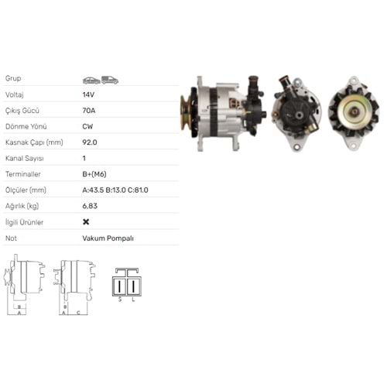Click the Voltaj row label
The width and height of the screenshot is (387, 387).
click(15, 94)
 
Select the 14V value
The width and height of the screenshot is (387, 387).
click(88, 94)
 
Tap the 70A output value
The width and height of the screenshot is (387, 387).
click(89, 111)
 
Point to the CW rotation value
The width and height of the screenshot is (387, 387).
click(87, 126)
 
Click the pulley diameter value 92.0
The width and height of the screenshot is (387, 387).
click(90, 142)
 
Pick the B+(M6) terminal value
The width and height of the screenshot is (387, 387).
click(94, 174)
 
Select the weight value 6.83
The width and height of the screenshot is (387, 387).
click(90, 206)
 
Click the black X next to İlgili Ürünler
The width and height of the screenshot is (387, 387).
click(86, 222)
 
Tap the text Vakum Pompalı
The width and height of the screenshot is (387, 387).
click(108, 238)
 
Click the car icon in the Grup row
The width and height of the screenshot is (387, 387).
click(91, 80)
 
